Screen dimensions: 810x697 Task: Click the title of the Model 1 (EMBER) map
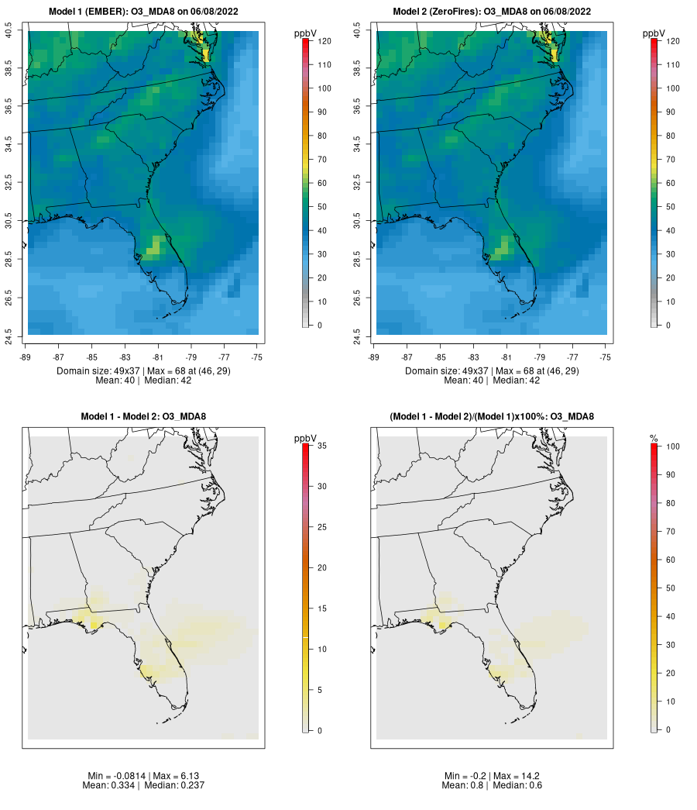click(x=143, y=12)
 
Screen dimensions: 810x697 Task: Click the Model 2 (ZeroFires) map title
click(x=492, y=12)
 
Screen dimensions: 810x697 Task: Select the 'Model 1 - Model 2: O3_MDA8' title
click(x=143, y=417)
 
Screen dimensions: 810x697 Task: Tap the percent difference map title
click(x=492, y=417)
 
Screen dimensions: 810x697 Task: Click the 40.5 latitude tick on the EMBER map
click(x=10, y=31)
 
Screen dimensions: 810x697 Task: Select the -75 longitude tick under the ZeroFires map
click(x=606, y=357)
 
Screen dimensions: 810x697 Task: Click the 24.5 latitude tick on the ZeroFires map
click(x=359, y=336)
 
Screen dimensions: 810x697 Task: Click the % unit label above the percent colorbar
click(x=654, y=439)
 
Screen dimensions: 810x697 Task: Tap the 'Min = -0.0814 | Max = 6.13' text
click(x=143, y=776)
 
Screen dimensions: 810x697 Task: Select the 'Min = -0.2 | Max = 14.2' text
click(x=492, y=776)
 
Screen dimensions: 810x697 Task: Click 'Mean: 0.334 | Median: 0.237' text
click(x=143, y=786)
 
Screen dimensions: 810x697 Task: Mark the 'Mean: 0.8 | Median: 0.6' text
click(x=492, y=786)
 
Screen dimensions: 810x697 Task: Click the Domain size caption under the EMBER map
click(x=143, y=371)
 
